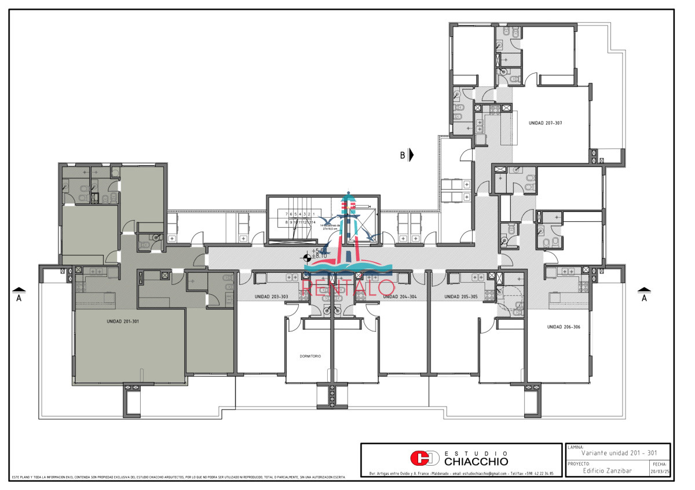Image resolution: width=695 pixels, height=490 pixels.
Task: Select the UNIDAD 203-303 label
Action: (x=271, y=297)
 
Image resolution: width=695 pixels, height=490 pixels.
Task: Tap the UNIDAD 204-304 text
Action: (x=400, y=297)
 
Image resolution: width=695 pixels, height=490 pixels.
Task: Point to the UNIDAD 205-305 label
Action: (x=461, y=297)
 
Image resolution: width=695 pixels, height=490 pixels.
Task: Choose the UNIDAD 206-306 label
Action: (x=564, y=327)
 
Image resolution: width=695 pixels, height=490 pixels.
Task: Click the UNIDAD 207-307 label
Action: (x=546, y=123)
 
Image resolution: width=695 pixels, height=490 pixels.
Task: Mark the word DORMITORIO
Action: (x=310, y=356)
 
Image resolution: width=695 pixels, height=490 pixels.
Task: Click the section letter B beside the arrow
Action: (x=402, y=155)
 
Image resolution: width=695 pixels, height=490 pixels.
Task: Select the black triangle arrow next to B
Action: (x=411, y=155)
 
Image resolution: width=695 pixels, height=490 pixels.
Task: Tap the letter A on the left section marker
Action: (x=19, y=298)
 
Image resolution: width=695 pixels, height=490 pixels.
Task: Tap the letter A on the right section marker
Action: (x=643, y=298)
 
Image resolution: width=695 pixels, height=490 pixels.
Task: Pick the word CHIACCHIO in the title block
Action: (x=476, y=462)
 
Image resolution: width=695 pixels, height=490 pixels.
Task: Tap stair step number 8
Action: (x=287, y=222)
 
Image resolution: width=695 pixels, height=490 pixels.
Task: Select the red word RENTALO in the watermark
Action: (x=349, y=286)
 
